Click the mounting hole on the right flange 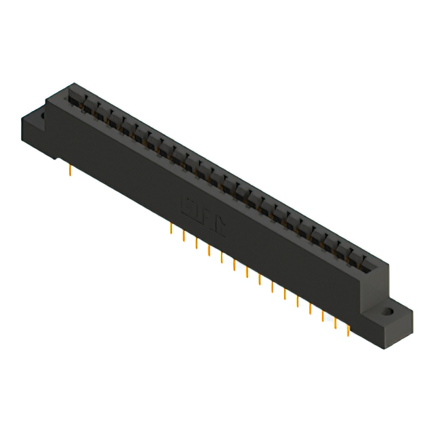389,313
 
